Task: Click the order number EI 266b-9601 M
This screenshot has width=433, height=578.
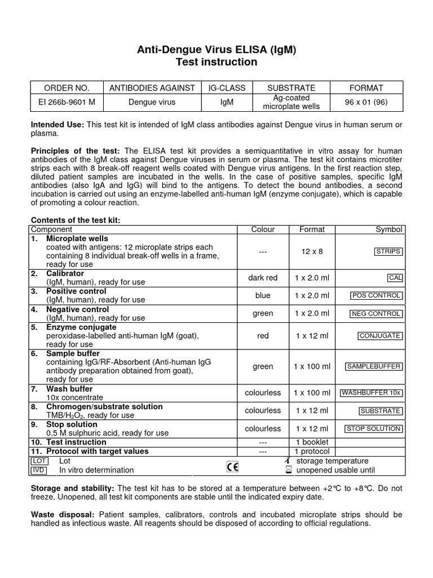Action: [x=67, y=102]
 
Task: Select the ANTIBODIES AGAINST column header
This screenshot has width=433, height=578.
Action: [x=152, y=87]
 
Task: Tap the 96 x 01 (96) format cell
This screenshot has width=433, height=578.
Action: [x=366, y=102]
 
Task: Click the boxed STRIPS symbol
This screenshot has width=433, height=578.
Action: [x=388, y=251]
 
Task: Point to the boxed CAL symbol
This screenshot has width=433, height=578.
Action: [x=395, y=278]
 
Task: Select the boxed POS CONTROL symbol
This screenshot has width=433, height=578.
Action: [x=376, y=295]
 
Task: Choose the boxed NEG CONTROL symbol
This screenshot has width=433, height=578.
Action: [x=376, y=313]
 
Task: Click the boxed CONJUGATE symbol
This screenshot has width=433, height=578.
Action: [x=380, y=336]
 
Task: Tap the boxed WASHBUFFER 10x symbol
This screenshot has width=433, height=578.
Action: [x=372, y=393]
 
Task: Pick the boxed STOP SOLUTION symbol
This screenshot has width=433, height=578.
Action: [x=373, y=428]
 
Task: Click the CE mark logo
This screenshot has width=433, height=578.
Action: [x=232, y=466]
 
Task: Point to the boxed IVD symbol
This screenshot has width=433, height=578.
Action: [x=38, y=470]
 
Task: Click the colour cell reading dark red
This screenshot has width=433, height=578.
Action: [x=263, y=278]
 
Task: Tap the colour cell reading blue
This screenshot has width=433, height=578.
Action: [x=263, y=295]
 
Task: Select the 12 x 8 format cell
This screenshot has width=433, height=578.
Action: [x=312, y=251]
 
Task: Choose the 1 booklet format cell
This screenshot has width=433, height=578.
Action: [x=312, y=442]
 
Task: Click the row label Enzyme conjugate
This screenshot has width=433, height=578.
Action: [x=81, y=327]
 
